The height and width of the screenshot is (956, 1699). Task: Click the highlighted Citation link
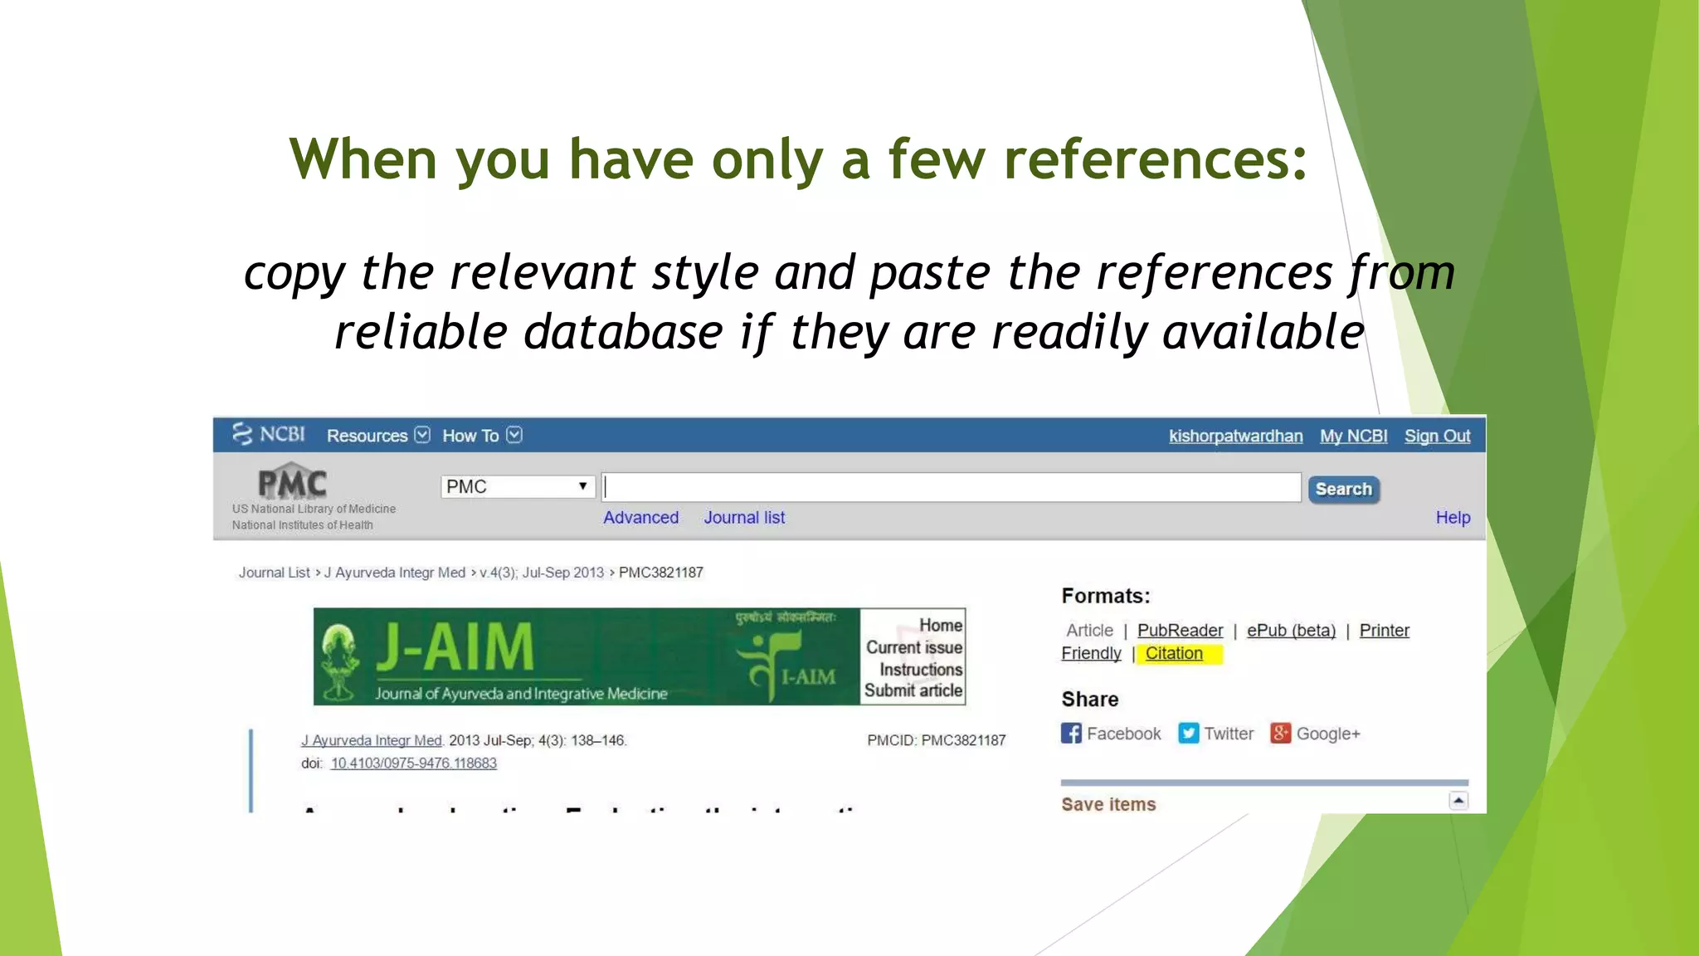(x=1174, y=654)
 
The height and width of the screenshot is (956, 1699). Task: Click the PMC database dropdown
(x=518, y=486)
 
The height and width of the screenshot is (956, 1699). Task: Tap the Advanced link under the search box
(x=640, y=518)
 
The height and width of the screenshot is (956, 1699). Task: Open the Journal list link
(x=744, y=518)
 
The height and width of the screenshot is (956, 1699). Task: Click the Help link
(x=1453, y=518)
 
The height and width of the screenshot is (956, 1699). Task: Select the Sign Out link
(x=1437, y=437)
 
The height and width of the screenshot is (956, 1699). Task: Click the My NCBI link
(x=1353, y=437)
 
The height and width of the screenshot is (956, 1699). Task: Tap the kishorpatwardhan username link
(x=1235, y=437)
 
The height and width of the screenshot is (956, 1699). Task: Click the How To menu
(x=481, y=436)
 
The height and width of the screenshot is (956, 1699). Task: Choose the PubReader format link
(x=1180, y=631)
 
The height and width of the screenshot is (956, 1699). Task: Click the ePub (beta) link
(x=1291, y=631)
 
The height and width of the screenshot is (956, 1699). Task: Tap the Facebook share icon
(x=1071, y=734)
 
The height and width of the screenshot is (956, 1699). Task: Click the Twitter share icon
(x=1188, y=734)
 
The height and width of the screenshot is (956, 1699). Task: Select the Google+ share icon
(x=1280, y=734)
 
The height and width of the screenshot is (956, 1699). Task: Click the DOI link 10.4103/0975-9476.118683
(x=413, y=763)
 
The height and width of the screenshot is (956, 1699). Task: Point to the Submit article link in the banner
(x=913, y=690)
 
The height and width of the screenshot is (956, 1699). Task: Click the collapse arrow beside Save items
(x=1458, y=801)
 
